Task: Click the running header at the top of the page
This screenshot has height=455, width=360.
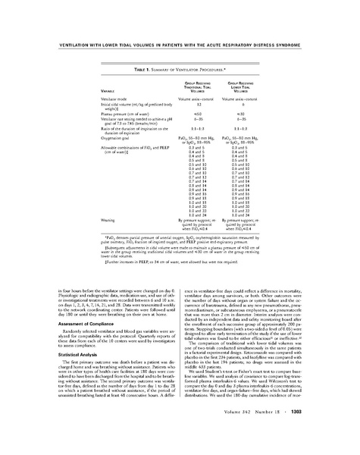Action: [180, 42]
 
